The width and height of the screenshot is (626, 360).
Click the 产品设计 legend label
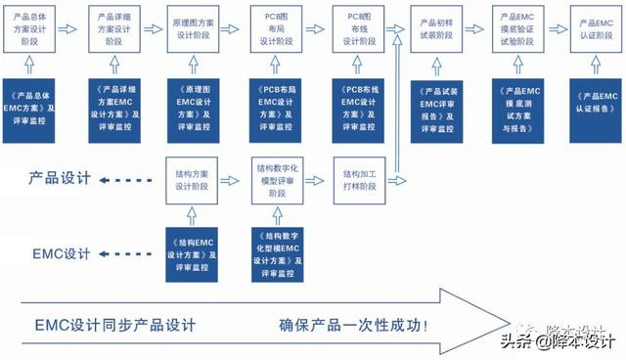60,179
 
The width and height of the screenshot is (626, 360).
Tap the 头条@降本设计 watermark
559,341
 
